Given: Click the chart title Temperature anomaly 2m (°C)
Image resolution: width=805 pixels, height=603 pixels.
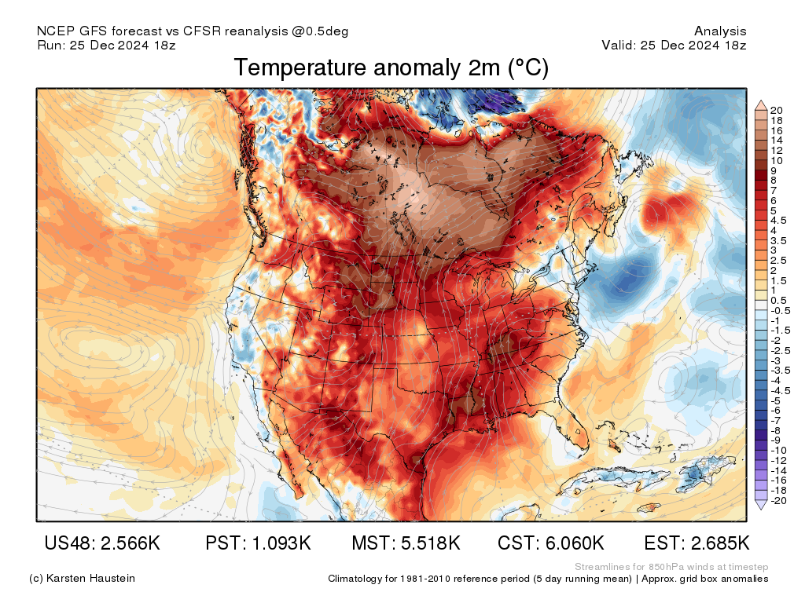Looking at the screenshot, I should (x=391, y=68).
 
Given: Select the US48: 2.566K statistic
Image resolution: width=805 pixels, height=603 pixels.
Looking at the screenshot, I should (x=102, y=543).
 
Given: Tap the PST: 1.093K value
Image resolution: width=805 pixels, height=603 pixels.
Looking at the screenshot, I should (x=258, y=543).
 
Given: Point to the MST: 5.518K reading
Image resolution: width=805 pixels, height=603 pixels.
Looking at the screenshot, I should (x=406, y=543).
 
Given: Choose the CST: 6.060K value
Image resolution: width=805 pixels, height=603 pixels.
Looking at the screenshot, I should (x=551, y=543).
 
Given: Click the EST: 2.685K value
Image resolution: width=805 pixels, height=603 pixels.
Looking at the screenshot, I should (x=697, y=543).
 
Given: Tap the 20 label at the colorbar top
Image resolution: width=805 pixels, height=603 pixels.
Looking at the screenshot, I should (x=777, y=110).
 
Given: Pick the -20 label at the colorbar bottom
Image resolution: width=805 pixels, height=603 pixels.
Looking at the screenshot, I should (x=779, y=501).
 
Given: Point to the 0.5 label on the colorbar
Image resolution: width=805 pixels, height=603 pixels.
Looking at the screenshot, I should (x=778, y=301).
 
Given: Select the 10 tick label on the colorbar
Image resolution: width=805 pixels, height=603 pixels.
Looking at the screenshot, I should (x=777, y=160).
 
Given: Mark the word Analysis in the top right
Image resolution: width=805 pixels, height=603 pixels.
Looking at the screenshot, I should (x=720, y=31).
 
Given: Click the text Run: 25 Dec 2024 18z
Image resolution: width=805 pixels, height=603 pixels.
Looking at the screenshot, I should (x=106, y=45).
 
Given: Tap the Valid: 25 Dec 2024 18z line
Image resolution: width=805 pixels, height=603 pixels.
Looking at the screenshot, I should (x=674, y=45).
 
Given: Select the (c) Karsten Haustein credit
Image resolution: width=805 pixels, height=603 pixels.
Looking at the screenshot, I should (x=82, y=579).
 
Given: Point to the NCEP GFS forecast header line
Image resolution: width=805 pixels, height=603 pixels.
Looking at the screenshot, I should (x=193, y=31).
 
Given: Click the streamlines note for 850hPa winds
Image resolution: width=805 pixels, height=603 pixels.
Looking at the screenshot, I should (x=671, y=567).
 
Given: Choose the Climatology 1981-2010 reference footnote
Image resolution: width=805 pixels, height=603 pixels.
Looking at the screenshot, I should (x=548, y=579).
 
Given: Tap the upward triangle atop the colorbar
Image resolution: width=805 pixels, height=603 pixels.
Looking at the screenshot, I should (x=761, y=103).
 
